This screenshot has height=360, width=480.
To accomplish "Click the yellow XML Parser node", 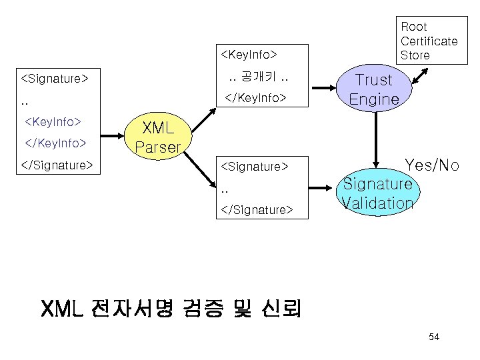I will (158, 137).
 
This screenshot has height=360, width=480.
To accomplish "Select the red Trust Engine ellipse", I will (374, 89).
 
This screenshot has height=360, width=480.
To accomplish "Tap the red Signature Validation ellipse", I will (377, 193).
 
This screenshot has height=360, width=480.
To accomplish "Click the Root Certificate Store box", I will (429, 41).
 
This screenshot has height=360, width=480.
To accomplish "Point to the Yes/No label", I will (431, 165).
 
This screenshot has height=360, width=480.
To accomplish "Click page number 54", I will (434, 337).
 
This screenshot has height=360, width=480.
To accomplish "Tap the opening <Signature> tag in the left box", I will (55, 79).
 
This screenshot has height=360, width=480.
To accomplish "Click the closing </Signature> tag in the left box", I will (57, 164).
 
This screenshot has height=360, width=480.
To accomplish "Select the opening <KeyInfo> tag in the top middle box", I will (248, 52).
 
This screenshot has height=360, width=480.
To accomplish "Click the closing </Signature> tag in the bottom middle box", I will (256, 209).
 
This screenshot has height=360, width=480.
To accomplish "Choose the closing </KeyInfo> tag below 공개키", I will (256, 99).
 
